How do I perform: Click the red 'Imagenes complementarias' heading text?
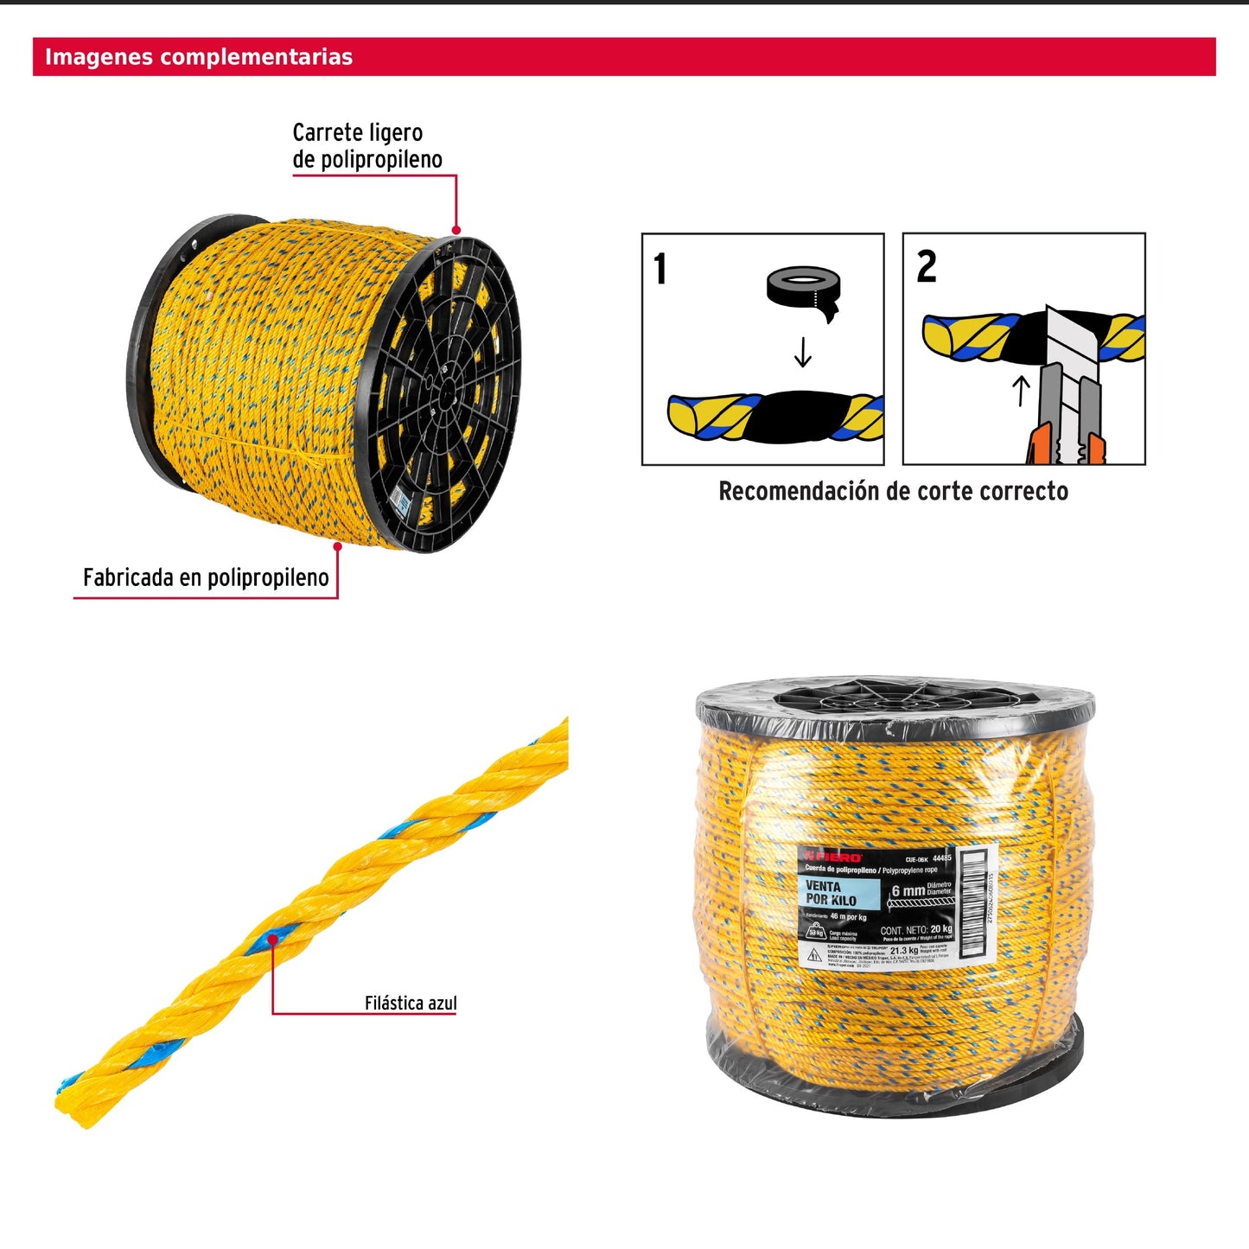[199, 57]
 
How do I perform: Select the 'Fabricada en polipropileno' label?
[206, 577]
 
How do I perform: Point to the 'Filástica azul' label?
[410, 1003]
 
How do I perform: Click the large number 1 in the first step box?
[660, 269]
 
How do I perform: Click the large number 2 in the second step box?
[926, 267]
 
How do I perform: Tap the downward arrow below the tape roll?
[803, 352]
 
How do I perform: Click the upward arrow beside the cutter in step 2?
[1021, 390]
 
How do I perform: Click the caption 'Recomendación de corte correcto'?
[893, 492]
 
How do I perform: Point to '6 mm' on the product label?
[908, 890]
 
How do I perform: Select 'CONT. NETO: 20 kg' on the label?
[916, 930]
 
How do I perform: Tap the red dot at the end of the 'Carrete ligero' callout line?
[456, 230]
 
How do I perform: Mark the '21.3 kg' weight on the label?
[904, 951]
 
